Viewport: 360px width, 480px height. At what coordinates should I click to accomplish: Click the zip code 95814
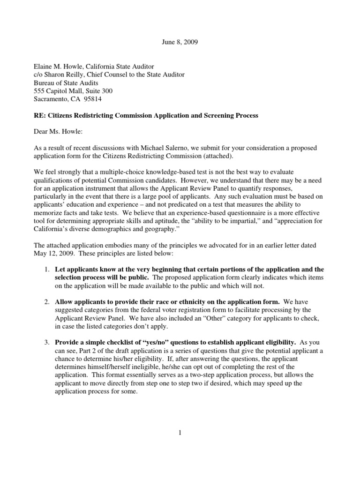(x=92, y=99)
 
